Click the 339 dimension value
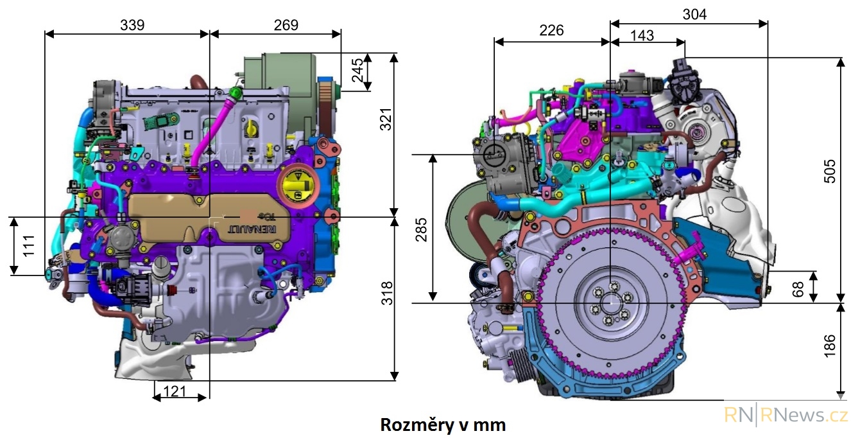(132, 25)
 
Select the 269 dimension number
(286, 25)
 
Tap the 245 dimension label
(357, 71)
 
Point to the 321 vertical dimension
(386, 119)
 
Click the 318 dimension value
(387, 293)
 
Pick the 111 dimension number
(29, 246)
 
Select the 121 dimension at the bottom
(175, 391)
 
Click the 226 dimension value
(551, 30)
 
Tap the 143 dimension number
(642, 36)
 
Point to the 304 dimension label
(694, 14)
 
